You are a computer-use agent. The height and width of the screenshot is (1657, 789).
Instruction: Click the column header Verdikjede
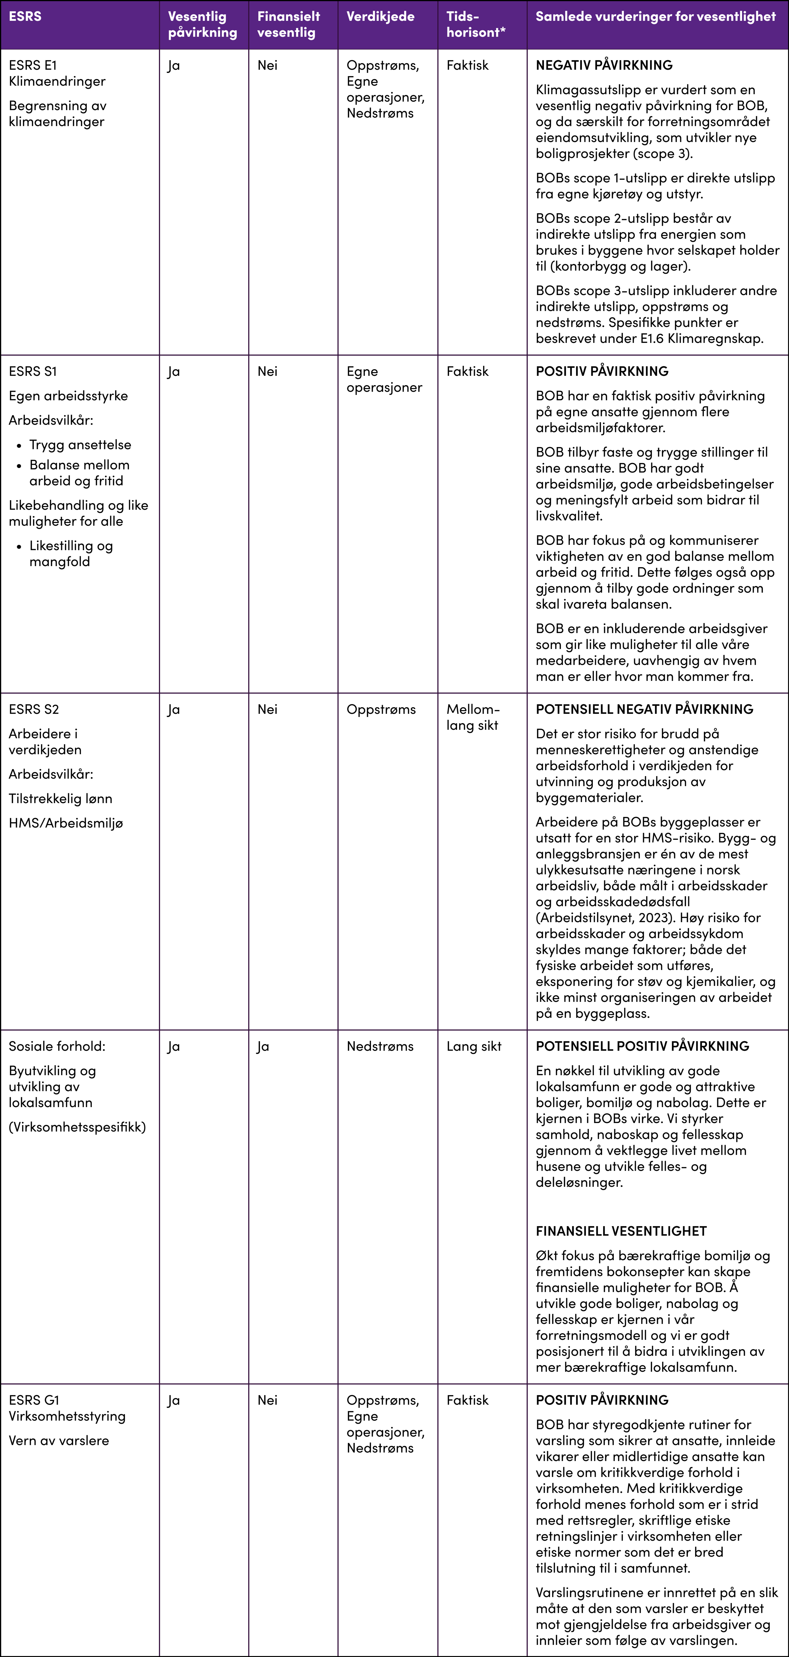pos(380,17)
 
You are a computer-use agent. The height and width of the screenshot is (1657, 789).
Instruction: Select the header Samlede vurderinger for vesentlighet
pos(655,17)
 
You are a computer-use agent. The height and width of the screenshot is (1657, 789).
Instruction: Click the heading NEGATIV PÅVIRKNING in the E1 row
pos(604,65)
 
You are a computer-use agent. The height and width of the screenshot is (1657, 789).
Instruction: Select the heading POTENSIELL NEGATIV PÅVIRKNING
pos(644,709)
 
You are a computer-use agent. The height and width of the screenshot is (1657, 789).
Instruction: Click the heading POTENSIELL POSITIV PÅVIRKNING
pos(642,1046)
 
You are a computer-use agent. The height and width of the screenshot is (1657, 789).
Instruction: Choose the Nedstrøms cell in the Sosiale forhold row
pos(380,1046)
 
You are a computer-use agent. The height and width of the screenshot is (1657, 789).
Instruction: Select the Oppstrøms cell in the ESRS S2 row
pos(381,709)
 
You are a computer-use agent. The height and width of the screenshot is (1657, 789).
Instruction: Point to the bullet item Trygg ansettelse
pos(80,445)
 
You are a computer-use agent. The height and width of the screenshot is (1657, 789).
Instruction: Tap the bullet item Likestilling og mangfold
pos(71,553)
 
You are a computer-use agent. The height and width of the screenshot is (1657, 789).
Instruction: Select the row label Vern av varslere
pos(59,1440)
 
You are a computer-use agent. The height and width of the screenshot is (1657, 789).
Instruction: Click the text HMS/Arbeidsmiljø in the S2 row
pos(66,823)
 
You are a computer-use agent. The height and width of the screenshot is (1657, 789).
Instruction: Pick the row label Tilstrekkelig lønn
pos(60,798)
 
